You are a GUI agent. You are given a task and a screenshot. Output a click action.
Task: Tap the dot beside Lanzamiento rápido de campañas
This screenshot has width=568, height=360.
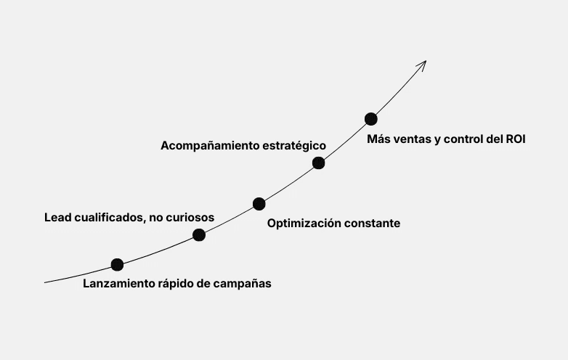pyautogui.click(x=117, y=265)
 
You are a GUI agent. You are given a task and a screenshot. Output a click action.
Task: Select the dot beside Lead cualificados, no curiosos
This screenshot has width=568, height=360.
pyautogui.click(x=199, y=234)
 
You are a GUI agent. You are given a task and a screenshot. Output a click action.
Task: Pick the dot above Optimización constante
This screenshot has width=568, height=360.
pyautogui.click(x=259, y=204)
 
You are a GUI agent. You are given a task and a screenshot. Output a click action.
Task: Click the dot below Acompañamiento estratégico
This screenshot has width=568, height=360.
pyautogui.click(x=318, y=163)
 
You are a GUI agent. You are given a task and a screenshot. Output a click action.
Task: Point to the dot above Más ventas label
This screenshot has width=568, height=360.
pyautogui.click(x=370, y=119)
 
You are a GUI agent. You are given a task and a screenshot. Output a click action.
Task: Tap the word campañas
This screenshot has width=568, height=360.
pyautogui.click(x=242, y=284)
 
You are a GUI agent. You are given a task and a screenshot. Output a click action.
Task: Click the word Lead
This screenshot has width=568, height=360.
pyautogui.click(x=58, y=217)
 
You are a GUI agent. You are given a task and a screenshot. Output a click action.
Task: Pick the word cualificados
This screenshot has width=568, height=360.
pyautogui.click(x=110, y=217)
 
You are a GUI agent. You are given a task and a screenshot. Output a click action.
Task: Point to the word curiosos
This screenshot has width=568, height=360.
pyautogui.click(x=190, y=217)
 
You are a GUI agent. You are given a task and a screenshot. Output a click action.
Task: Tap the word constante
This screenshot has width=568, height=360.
pyautogui.click(x=373, y=224)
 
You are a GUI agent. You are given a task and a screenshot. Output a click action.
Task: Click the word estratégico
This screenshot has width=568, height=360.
pyautogui.click(x=295, y=146)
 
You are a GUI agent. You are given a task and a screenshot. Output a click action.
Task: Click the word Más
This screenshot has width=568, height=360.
pyautogui.click(x=378, y=139)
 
